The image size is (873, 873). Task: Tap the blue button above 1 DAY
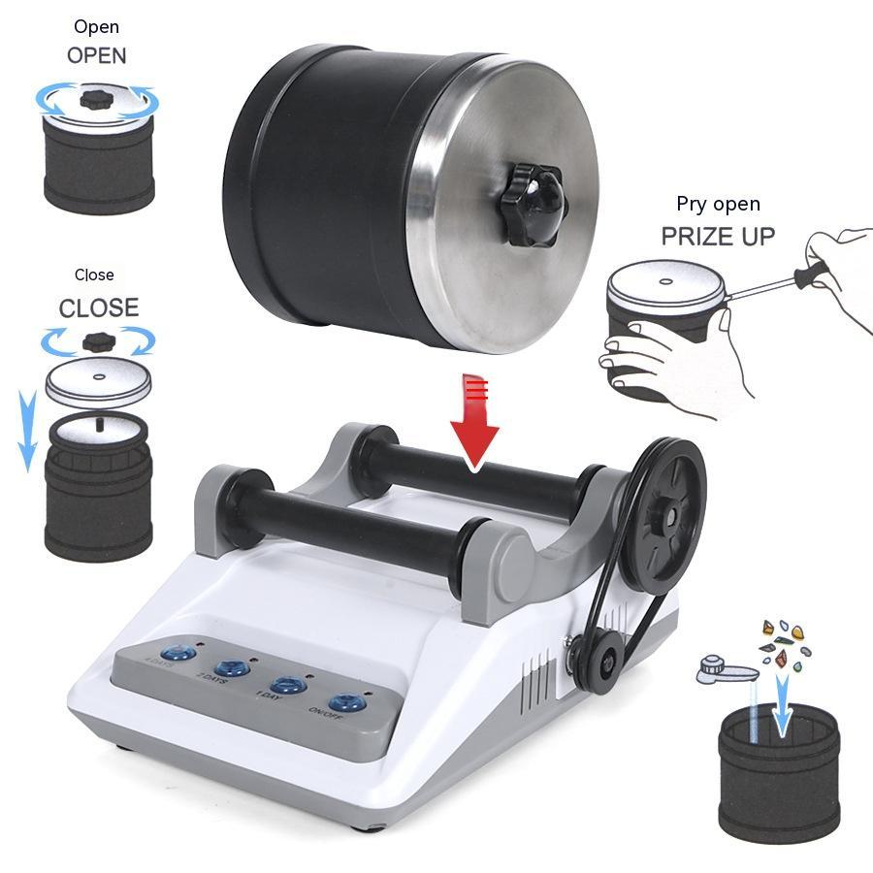coord(288,685)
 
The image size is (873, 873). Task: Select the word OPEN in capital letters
coord(96,55)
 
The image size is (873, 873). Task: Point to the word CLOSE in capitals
coord(99,308)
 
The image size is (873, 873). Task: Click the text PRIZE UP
coord(718,236)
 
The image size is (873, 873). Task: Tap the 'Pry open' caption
coord(718,204)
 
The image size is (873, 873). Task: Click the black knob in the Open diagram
coord(97,98)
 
